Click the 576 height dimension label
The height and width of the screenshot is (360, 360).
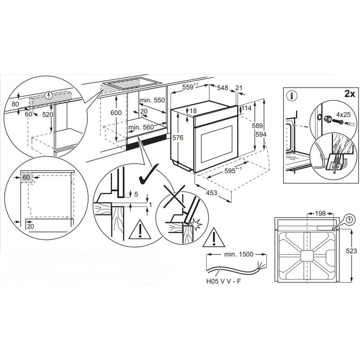coord(178,138)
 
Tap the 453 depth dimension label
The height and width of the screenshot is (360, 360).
coord(211,193)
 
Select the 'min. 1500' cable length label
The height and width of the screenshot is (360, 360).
coord(239,254)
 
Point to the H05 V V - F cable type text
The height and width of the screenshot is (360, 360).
coord(224,281)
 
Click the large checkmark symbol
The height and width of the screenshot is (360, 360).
coord(149,175)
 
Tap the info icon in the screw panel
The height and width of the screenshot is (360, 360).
coord(292,96)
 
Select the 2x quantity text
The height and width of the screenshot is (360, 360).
coord(350,94)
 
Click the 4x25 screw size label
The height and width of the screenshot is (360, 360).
coord(343,114)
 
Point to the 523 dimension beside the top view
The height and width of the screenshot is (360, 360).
coord(351,251)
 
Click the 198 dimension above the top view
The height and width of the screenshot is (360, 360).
coord(320,213)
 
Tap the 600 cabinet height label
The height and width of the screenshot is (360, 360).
coord(116,113)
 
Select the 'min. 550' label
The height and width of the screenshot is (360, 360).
coord(152,100)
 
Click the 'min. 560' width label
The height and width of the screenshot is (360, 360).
coord(141,127)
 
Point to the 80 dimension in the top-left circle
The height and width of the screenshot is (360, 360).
coord(15,104)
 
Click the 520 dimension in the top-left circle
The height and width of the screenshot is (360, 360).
coord(48,114)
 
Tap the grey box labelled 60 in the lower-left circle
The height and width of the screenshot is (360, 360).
coord(27,177)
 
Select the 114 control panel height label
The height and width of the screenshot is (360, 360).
coord(246,108)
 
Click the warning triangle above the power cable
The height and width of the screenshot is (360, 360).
coord(213,238)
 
